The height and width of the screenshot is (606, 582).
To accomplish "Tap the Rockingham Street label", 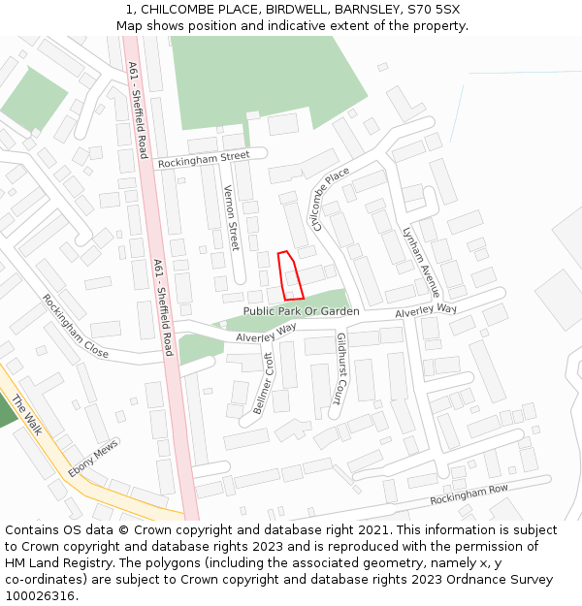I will click(x=204, y=159).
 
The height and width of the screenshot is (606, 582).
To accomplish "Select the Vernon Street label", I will click(x=232, y=218).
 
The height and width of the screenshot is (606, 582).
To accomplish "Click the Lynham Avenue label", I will click(x=421, y=262).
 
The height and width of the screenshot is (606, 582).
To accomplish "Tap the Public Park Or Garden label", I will click(x=301, y=311).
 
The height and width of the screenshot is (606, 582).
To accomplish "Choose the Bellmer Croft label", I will click(x=263, y=384).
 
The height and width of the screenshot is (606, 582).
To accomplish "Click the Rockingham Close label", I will click(x=75, y=327).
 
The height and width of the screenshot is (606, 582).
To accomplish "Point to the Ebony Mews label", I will click(x=92, y=459).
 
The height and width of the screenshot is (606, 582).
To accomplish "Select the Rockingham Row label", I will click(x=469, y=494).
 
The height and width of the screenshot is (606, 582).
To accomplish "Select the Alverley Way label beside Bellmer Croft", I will click(x=266, y=334).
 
